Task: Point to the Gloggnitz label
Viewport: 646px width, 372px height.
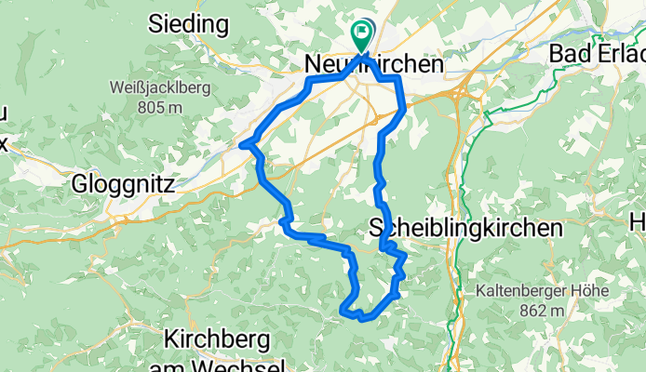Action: tap(124, 184)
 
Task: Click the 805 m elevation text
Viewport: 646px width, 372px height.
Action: tap(157, 108)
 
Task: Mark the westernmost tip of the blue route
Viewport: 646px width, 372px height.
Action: tap(242, 144)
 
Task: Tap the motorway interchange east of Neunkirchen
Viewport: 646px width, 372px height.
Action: tap(458, 92)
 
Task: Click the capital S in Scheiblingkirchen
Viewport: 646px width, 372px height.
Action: tap(378, 227)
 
